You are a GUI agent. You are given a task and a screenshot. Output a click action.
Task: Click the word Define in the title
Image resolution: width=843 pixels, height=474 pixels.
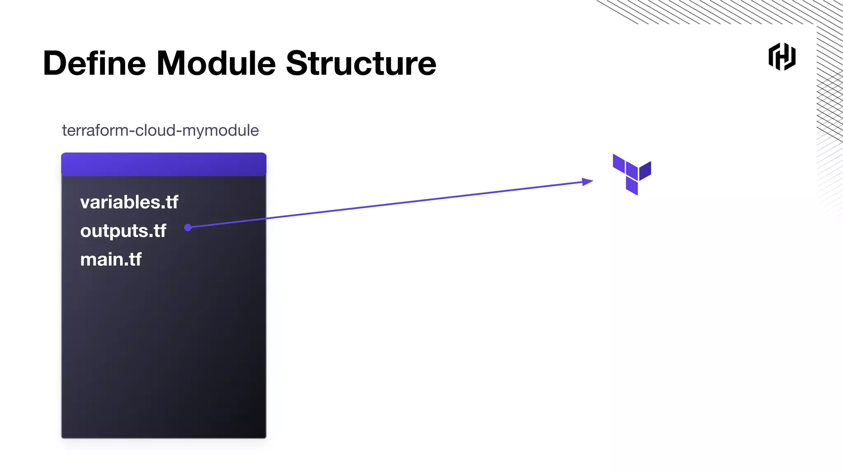pos(94,63)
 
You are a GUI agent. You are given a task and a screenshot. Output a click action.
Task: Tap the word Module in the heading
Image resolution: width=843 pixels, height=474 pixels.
pos(216,63)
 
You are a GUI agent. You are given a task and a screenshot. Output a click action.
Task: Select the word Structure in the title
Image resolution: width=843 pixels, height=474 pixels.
pos(361,63)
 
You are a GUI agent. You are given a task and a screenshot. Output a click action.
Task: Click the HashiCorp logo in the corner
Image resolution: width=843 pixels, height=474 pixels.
pos(782,57)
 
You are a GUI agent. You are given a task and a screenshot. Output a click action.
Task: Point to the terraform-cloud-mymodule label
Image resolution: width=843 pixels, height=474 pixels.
pos(160,130)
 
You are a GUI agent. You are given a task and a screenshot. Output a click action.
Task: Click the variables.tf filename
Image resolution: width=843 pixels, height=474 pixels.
pos(129,202)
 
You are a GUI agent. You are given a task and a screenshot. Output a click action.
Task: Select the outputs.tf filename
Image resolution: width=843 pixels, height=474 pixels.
pos(123,231)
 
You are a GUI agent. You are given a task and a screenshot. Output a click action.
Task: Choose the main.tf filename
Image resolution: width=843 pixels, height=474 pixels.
pos(111,260)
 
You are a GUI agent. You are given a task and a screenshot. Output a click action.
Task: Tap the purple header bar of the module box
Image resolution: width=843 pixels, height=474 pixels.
pos(164,164)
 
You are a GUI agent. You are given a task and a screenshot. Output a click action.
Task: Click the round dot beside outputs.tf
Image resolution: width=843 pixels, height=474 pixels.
pos(188,228)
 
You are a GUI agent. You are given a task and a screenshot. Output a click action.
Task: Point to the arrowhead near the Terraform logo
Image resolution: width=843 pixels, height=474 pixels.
pos(587,181)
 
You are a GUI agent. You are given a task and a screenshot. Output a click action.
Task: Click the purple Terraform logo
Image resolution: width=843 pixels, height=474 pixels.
pos(632,174)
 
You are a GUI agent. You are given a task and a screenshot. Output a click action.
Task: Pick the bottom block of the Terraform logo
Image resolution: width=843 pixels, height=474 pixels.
pos(632,186)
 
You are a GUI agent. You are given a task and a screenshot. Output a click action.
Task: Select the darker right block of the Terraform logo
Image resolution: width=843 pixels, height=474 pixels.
pos(645,170)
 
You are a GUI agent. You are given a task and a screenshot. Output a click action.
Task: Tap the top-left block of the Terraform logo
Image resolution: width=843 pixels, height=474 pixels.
pos(619,163)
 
